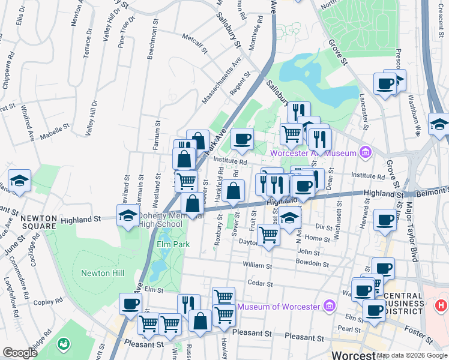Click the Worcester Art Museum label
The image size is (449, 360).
tap(313, 153)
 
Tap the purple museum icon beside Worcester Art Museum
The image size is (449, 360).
tap(364, 152)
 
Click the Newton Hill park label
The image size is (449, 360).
tap(103, 273)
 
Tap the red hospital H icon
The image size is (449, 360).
tap(441, 305)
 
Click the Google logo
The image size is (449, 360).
tap(20, 353)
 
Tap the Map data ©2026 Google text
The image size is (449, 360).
tap(412, 355)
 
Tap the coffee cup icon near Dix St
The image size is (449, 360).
tap(384, 220)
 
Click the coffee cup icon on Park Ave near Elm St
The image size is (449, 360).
tap(130, 304)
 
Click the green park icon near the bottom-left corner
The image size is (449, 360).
tap(62, 344)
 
